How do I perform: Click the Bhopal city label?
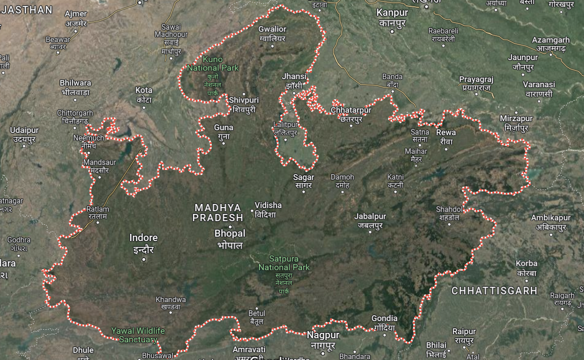click(230, 234)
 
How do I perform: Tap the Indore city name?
click(143, 238)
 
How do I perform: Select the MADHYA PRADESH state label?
click(218, 213)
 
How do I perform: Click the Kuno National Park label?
click(213, 64)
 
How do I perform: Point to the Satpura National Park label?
click(284, 263)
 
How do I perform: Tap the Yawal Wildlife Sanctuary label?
click(138, 335)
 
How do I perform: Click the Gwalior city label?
click(272, 29)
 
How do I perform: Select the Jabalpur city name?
click(370, 217)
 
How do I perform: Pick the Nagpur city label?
click(323, 336)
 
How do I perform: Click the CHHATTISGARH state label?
click(494, 291)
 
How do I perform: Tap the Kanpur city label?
click(392, 13)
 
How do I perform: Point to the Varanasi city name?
click(538, 85)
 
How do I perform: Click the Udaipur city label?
click(24, 130)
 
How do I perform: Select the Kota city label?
click(144, 90)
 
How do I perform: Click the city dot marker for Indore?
click(144, 259)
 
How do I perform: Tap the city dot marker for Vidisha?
click(252, 210)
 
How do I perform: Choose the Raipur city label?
click(464, 332)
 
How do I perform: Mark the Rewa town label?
click(446, 133)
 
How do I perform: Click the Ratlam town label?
click(98, 209)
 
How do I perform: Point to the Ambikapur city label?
click(551, 218)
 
